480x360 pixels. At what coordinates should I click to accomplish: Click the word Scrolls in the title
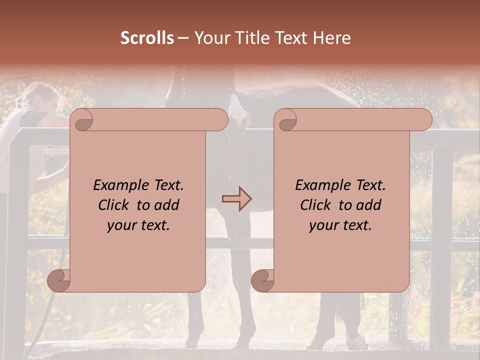click(147, 38)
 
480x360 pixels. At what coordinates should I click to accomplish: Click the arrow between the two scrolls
click(237, 199)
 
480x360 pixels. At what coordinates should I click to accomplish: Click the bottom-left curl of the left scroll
click(59, 280)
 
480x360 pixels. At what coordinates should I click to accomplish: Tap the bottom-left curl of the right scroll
click(263, 280)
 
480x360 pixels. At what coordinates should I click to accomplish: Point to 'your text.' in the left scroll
click(138, 225)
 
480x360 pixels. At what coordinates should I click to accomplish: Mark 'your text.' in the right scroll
click(340, 225)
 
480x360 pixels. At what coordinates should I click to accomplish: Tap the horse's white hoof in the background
click(358, 342)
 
